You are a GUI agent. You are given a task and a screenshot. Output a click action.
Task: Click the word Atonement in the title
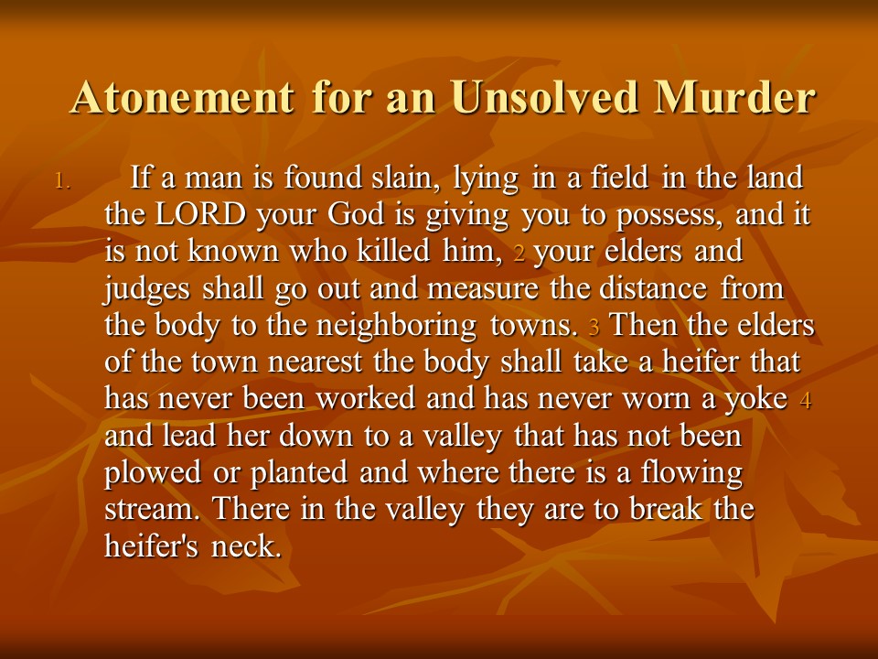click(183, 98)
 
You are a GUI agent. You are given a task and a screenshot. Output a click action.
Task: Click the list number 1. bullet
click(63, 181)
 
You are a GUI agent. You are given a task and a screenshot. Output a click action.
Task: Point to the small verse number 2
click(519, 254)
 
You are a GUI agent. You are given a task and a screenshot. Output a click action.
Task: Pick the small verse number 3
click(594, 327)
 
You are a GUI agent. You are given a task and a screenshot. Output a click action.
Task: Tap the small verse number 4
click(806, 400)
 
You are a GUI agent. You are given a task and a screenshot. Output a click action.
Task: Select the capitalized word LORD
click(200, 214)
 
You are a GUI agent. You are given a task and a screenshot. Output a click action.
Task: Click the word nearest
click(315, 362)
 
